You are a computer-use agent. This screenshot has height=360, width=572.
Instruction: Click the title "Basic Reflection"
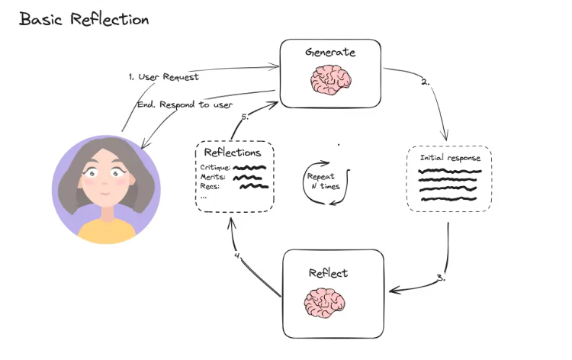(x=83, y=19)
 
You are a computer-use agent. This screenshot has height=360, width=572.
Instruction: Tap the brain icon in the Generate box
(x=329, y=79)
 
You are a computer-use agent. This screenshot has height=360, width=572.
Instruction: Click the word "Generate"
(x=330, y=53)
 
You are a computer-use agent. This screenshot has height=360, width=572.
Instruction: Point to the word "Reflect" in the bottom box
(x=329, y=272)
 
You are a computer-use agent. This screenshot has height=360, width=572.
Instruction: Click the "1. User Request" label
(x=163, y=77)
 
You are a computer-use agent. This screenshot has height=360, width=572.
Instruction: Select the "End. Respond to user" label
(x=185, y=104)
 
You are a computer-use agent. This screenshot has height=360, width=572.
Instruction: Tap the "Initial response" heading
(x=450, y=158)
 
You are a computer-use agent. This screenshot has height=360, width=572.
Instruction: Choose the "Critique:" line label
(x=214, y=167)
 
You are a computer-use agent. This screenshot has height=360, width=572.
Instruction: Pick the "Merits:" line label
(x=213, y=177)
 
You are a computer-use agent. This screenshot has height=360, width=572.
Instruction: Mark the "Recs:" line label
(x=210, y=186)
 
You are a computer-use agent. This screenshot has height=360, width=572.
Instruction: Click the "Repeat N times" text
(x=323, y=182)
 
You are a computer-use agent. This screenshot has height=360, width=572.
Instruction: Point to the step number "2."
(x=425, y=82)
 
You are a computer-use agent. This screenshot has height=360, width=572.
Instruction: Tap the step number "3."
(x=442, y=278)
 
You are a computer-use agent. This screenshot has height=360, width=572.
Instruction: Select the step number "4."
(x=238, y=256)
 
